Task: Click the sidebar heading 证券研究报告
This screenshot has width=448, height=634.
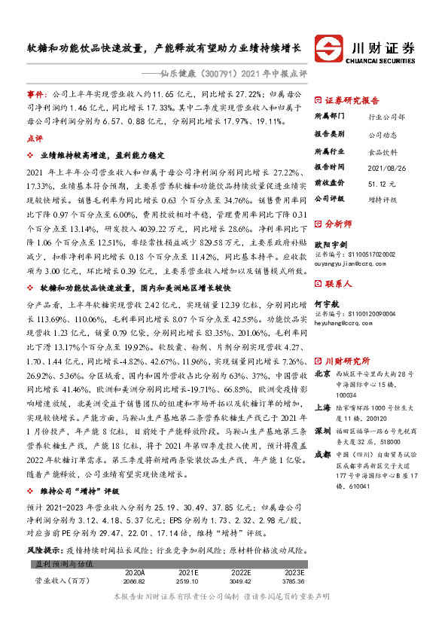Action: [352, 100]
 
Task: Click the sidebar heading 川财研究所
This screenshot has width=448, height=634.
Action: [347, 360]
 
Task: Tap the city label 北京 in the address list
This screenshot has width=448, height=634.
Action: [322, 373]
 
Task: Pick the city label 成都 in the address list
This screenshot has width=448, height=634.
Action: [322, 454]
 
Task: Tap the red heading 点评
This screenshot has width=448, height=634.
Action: [34, 139]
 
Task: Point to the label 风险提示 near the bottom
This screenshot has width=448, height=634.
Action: [41, 551]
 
